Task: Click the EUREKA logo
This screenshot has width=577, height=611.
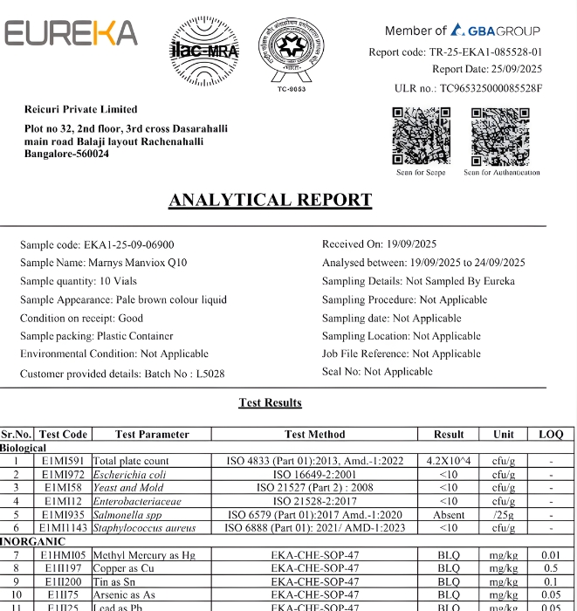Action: point(72,33)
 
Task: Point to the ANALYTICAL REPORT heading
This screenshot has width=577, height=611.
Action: point(270,200)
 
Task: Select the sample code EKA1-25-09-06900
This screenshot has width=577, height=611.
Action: point(128,244)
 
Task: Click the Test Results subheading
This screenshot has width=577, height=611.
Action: point(270,402)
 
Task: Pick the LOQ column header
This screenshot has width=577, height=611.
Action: point(551,434)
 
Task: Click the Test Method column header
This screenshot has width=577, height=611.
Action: point(314,434)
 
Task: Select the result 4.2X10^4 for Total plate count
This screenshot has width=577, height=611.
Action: point(448,461)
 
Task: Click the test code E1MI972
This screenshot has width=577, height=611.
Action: point(64,475)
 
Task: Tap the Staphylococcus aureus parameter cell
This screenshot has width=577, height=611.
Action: point(144,527)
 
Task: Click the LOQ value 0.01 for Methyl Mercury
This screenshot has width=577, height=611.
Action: point(551,555)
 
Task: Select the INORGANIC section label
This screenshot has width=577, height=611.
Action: point(33,542)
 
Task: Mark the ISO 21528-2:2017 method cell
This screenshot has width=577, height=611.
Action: point(314,501)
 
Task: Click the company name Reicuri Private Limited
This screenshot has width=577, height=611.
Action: point(80,109)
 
